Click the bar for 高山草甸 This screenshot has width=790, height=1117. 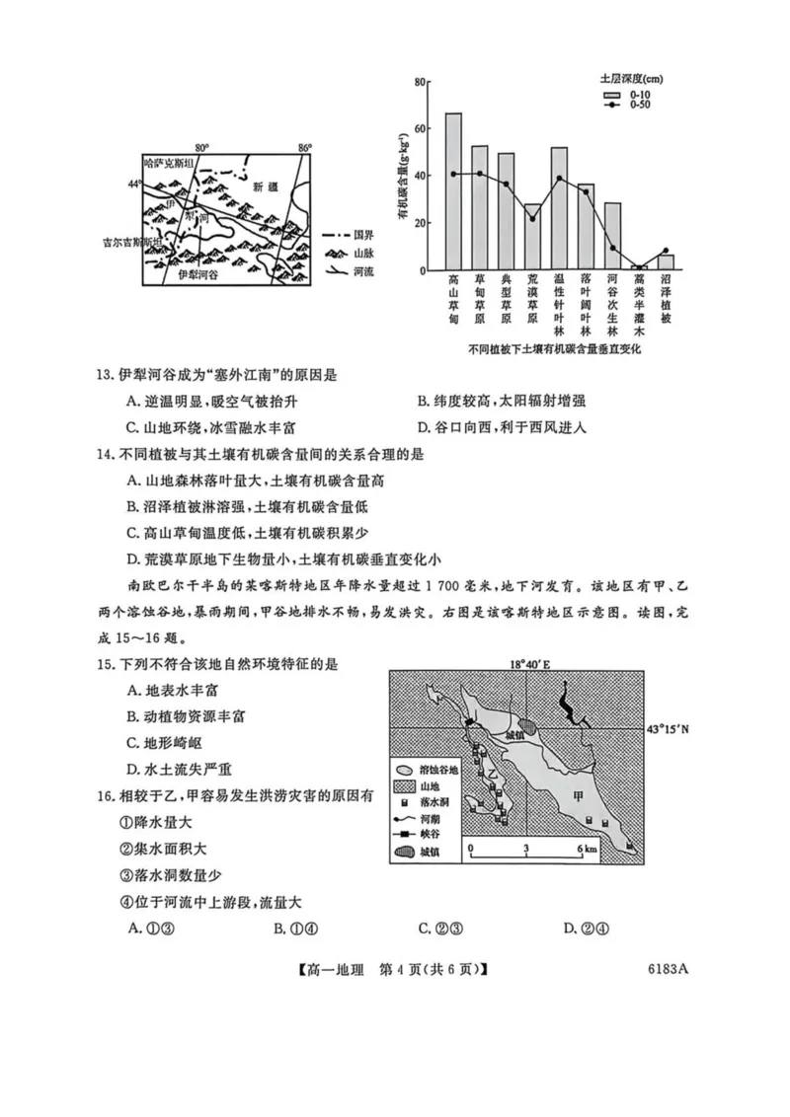click(x=453, y=191)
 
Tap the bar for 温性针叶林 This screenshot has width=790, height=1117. click(x=559, y=208)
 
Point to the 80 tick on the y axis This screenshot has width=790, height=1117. click(x=421, y=81)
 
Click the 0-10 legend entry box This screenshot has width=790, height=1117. click(x=613, y=95)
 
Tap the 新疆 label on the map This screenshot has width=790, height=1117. click(x=266, y=186)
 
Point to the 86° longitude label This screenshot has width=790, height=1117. click(x=304, y=147)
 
